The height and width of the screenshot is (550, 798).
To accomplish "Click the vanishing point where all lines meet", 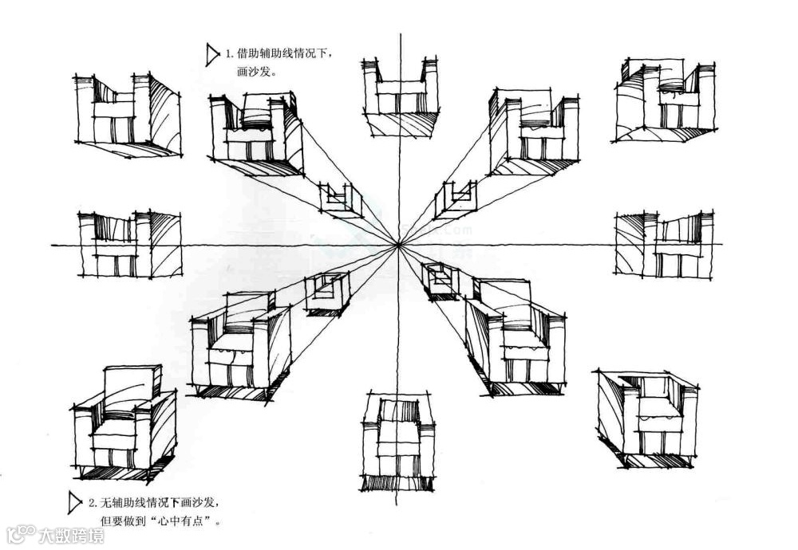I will (x=397, y=245).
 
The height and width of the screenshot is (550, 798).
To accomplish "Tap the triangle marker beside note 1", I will (x=211, y=54).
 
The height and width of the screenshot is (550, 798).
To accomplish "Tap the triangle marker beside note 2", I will (x=75, y=502).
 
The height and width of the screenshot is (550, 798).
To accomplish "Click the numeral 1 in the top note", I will (x=229, y=55).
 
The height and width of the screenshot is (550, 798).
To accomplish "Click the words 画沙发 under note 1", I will (x=256, y=72).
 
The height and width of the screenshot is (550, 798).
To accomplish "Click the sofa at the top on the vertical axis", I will (x=401, y=96).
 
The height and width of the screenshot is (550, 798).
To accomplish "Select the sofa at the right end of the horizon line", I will (x=665, y=244).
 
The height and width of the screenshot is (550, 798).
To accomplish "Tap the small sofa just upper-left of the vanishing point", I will (x=340, y=199).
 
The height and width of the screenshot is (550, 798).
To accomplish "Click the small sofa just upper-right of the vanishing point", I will (x=456, y=199).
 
